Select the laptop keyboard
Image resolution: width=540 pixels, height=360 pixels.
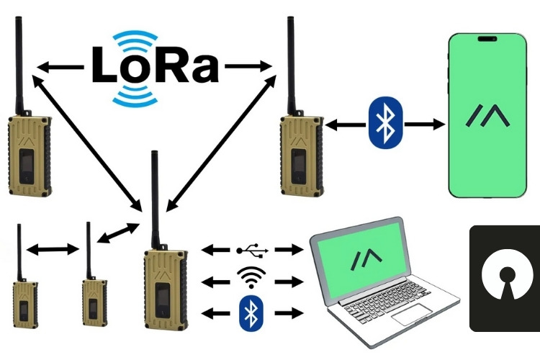[x=389, y=310]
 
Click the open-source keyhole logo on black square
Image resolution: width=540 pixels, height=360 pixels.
[x=504, y=277]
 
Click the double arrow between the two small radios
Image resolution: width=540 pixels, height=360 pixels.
[x=53, y=250]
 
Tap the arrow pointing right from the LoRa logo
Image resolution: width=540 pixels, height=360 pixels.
[x=248, y=68]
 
